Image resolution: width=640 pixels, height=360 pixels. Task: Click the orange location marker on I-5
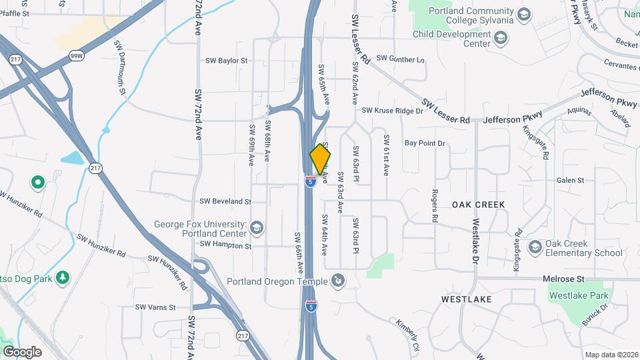[x=320, y=159]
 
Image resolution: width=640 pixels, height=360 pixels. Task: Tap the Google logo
[x=22, y=351]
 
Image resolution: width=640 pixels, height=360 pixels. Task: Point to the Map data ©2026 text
[x=611, y=355]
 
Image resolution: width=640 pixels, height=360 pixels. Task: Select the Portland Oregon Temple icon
[x=339, y=280]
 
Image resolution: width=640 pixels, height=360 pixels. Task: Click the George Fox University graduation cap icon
[x=256, y=229]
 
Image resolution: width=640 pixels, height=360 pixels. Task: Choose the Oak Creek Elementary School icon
[x=535, y=248]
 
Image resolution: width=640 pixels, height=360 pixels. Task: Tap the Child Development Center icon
[x=499, y=39]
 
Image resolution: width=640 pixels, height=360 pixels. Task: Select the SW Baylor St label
[x=226, y=60]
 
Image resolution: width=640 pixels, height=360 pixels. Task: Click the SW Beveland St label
[x=225, y=201]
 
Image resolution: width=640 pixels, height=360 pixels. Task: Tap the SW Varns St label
[x=155, y=307]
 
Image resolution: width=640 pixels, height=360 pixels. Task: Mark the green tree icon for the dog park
[x=63, y=277]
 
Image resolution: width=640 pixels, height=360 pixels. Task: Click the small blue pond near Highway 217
[x=71, y=159]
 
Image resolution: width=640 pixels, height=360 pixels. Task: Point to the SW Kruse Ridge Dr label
[x=393, y=110]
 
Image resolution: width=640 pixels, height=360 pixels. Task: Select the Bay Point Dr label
[x=424, y=143]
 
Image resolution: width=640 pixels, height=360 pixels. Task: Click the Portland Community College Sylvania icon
[x=524, y=14]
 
